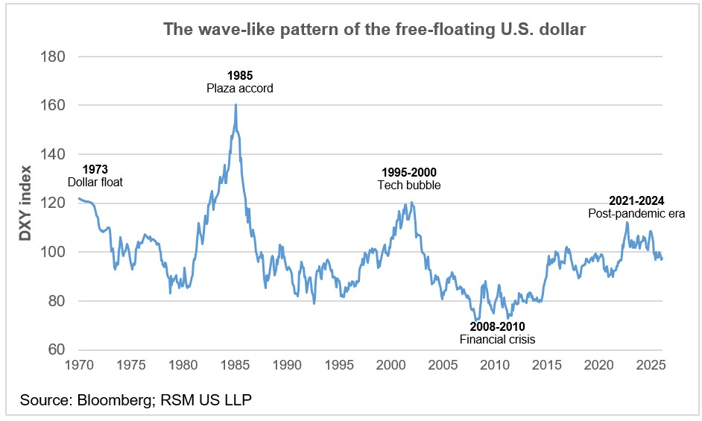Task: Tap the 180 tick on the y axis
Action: click(x=53, y=57)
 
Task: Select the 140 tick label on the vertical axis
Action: click(x=53, y=154)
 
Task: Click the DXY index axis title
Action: click(x=25, y=203)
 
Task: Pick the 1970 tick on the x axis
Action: click(x=78, y=365)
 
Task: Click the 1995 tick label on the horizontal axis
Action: click(x=339, y=365)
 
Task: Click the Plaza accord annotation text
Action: click(x=240, y=88)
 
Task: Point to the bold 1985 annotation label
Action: click(x=240, y=75)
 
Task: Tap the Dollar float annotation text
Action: click(x=95, y=182)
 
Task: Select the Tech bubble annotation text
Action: click(x=408, y=185)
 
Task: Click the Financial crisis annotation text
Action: click(x=497, y=339)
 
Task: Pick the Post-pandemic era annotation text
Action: click(x=636, y=214)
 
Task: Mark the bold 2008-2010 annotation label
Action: click(x=497, y=326)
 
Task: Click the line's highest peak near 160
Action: click(x=235, y=104)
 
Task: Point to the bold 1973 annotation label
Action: click(x=95, y=169)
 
